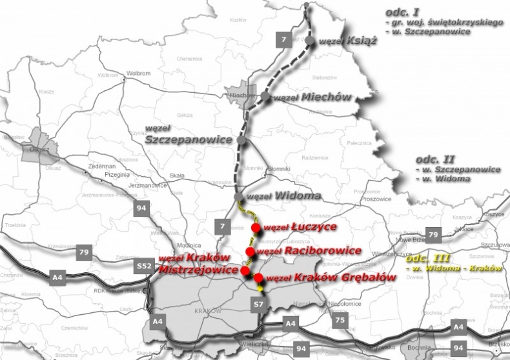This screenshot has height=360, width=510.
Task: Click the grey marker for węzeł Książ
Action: (x=310, y=41)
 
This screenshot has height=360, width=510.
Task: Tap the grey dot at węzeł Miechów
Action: (x=265, y=97)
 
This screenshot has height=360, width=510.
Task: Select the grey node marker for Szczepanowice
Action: (x=241, y=139)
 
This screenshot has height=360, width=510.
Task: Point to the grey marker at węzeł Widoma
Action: (x=238, y=196)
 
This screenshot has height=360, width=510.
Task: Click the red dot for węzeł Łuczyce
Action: (x=256, y=228)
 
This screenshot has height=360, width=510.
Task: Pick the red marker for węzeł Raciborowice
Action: (x=250, y=251)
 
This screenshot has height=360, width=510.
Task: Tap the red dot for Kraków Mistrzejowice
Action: (x=245, y=271)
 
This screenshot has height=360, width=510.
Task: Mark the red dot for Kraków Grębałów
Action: (x=258, y=278)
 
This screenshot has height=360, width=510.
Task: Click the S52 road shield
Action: (x=144, y=265)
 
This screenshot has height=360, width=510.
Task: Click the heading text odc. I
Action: (x=402, y=12)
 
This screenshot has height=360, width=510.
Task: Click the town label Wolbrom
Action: (x=138, y=74)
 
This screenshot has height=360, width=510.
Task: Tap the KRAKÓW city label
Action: (x=207, y=311)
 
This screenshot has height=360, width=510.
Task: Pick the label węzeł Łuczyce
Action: (x=292, y=227)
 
